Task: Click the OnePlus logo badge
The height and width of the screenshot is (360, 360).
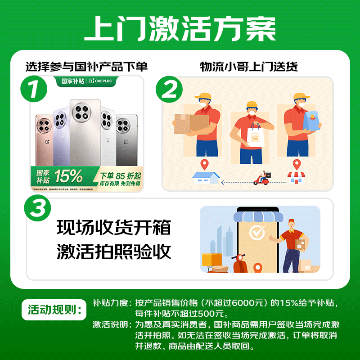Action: (103, 81)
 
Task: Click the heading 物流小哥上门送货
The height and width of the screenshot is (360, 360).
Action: (249, 67)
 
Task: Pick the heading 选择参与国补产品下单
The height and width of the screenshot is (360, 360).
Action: (86, 67)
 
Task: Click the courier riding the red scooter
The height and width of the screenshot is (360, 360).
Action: (262, 177)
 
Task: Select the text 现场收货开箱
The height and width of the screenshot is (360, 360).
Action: (114, 228)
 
